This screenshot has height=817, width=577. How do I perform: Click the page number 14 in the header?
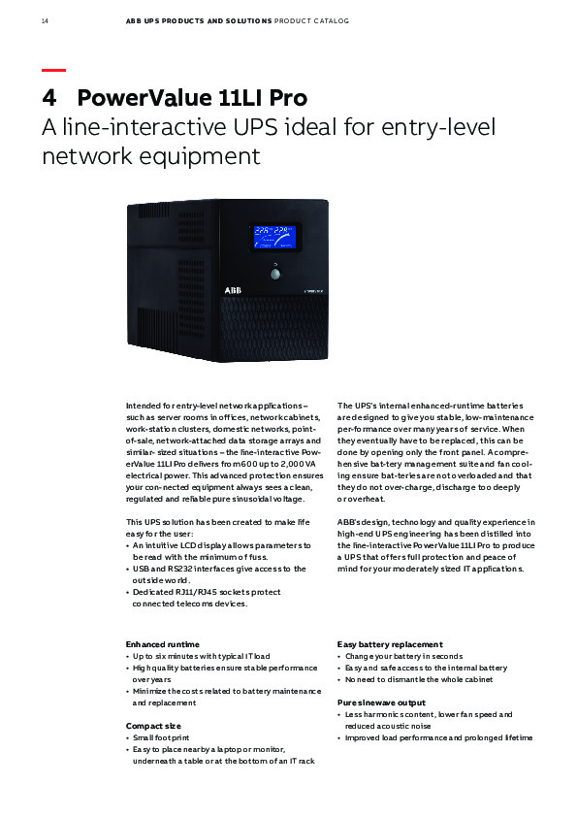coord(45,19)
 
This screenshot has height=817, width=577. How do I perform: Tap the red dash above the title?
coord(53,70)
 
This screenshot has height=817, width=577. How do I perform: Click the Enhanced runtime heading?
coord(162,643)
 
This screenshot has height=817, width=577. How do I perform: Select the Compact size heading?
coord(152,725)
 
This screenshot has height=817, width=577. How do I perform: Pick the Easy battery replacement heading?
coord(390,643)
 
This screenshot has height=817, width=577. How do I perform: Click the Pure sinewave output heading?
coord(381,702)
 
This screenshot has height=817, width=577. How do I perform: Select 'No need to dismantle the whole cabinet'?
coord(418,679)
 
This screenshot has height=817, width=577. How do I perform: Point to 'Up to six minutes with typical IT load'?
coord(201,656)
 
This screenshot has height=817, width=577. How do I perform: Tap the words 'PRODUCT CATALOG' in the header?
coord(313,19)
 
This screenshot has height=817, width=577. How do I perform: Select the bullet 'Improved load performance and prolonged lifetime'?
coord(438,737)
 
